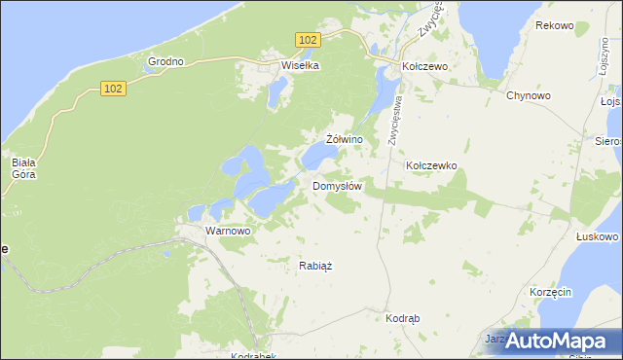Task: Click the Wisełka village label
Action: [300, 66]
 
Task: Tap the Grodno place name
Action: [165, 61]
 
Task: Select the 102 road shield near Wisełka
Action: [308, 39]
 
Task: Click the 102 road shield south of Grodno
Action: [113, 89]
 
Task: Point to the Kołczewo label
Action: [424, 67]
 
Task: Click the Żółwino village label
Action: [345, 139]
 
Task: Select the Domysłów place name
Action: [338, 186]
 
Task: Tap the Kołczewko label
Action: [431, 166]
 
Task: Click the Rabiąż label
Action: [315, 265]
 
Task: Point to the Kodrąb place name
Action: [402, 319]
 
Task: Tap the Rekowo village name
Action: [554, 25]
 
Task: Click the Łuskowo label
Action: [597, 236]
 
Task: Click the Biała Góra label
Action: [23, 168]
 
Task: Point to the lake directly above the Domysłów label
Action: [316, 157]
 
